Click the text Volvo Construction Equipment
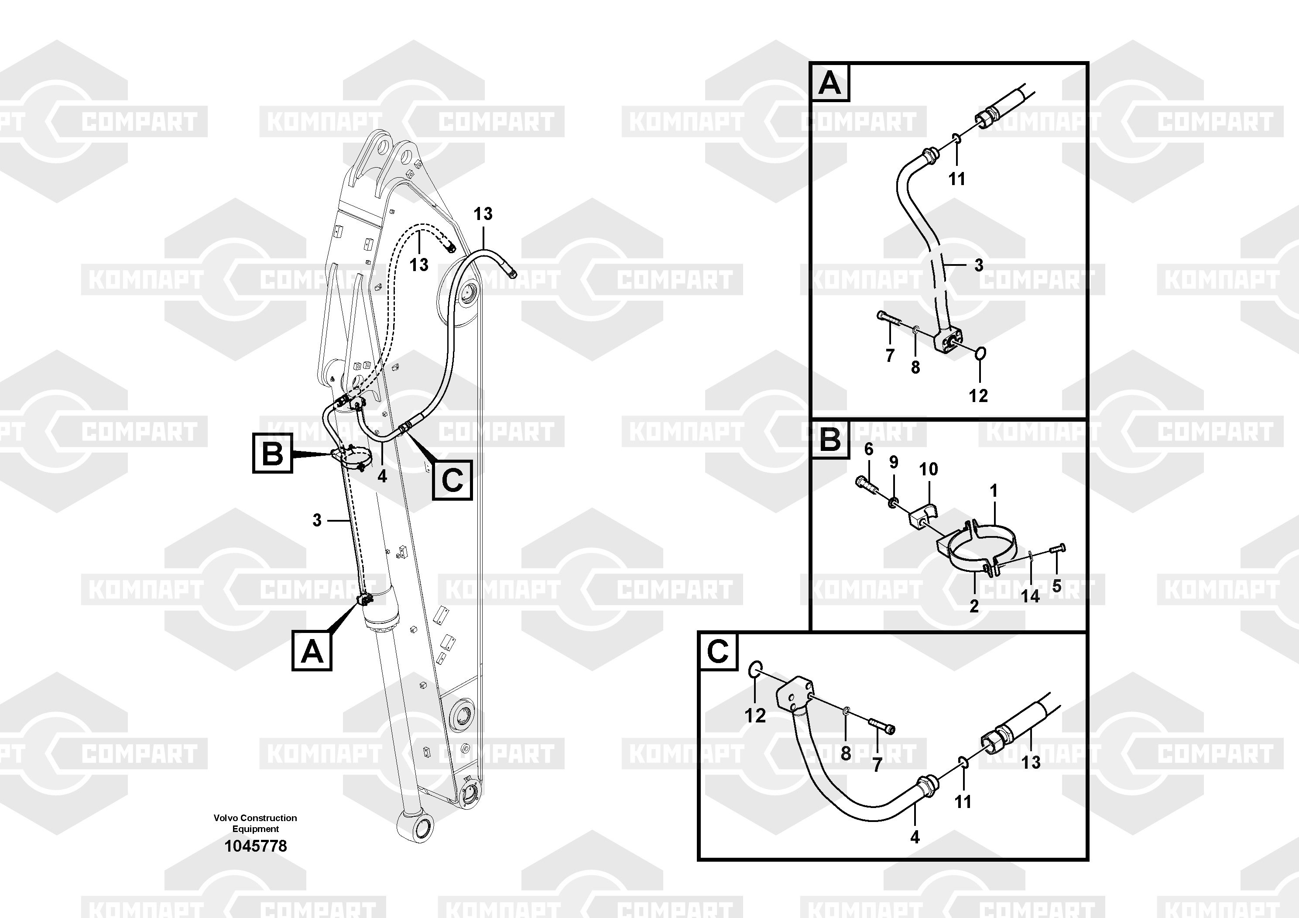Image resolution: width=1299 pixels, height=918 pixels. (x=255, y=823)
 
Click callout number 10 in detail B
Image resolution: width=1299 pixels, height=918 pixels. (x=929, y=469)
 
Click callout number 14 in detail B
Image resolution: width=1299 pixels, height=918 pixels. (x=1030, y=596)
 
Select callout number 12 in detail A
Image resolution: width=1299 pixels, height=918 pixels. (x=978, y=395)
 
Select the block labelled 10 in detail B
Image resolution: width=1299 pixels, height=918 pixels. (x=923, y=518)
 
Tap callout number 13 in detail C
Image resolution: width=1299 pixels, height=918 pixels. (x=1031, y=762)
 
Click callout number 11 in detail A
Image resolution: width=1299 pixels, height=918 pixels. (x=957, y=179)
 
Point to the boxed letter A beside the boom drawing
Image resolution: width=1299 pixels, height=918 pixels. (x=312, y=651)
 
